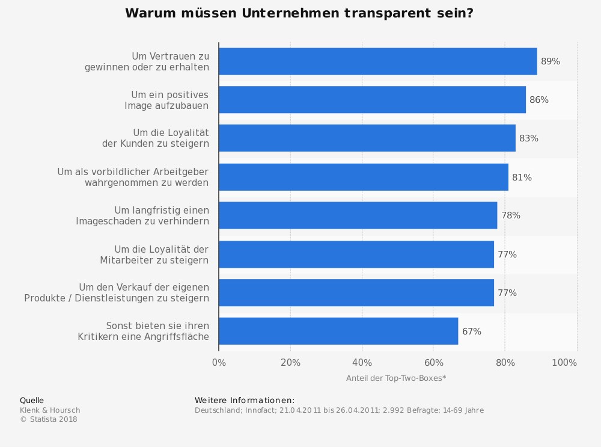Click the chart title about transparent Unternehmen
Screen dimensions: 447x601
pos(299,13)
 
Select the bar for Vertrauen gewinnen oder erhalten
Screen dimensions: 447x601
pos(377,61)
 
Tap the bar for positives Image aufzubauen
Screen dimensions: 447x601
pos(372,100)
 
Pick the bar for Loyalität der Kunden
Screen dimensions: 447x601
pos(367,138)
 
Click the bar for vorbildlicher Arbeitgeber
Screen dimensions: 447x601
pos(363,177)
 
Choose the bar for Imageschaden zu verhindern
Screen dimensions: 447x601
pos(358,215)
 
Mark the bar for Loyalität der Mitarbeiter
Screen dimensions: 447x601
pos(356,254)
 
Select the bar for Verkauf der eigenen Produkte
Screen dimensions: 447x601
pos(356,293)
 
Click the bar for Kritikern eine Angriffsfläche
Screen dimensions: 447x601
pos(338,331)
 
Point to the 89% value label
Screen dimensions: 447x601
pos(550,61)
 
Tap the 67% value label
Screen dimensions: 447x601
pos(471,331)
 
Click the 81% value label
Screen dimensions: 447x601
pos(522,177)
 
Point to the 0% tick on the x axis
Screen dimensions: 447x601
pos(219,363)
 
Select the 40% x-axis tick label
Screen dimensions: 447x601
pos(362,363)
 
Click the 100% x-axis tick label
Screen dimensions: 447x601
pos(564,363)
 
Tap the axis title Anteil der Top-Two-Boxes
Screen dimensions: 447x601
pos(395,378)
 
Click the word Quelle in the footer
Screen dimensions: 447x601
pos(32,401)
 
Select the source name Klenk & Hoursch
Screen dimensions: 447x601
pos(50,410)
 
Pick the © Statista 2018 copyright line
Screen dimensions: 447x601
pos(49,419)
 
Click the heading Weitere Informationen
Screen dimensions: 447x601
pos(245,401)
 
